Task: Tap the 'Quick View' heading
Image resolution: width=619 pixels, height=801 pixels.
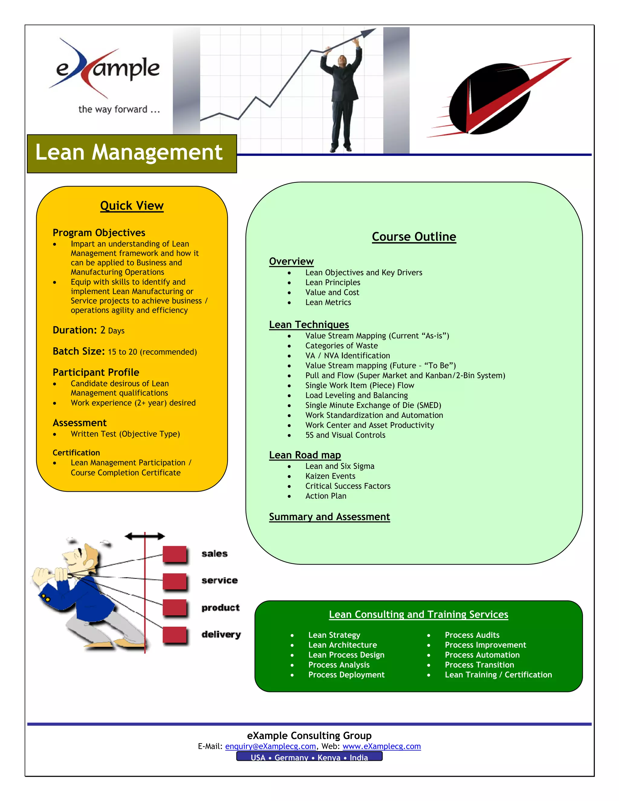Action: click(132, 206)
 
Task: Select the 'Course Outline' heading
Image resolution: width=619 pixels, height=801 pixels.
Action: click(414, 237)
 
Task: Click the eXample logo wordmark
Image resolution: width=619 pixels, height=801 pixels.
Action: click(108, 69)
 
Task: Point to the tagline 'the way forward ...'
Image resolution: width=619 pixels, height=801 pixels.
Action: click(119, 109)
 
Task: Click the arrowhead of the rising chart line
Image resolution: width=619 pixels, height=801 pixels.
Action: click(368, 32)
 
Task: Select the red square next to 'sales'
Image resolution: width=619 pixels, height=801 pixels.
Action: click(175, 554)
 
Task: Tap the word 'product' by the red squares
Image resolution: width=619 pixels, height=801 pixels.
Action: click(220, 608)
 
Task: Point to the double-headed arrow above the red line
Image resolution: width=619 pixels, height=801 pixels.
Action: click(145, 537)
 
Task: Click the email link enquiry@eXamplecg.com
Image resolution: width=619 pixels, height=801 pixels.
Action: click(270, 746)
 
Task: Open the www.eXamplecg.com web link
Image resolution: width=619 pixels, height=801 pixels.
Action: click(381, 746)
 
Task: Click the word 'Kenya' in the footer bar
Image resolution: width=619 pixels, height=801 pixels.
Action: click(329, 757)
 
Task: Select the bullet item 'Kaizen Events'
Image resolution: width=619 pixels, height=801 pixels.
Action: click(330, 476)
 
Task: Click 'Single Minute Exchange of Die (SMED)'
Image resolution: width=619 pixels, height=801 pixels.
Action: click(373, 405)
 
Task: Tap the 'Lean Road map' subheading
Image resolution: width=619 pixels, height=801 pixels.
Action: click(305, 455)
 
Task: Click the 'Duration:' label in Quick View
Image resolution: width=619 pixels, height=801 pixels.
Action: click(75, 330)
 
